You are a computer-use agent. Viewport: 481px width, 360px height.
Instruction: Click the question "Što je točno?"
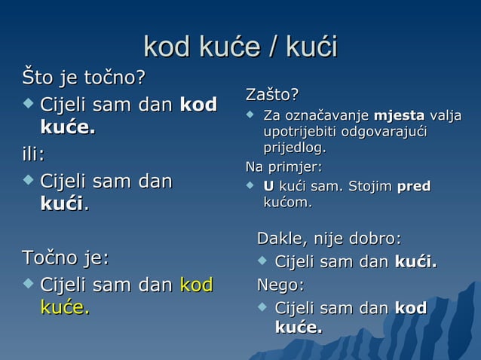click(x=83, y=78)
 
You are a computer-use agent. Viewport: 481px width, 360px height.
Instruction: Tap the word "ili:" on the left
click(x=33, y=154)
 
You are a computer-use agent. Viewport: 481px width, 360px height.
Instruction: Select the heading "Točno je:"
click(x=65, y=258)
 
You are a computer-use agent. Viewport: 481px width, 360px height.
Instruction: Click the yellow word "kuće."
click(x=65, y=307)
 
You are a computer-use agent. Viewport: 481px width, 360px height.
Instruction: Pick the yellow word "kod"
click(x=196, y=285)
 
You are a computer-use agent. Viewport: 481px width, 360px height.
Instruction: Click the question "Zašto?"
click(x=272, y=95)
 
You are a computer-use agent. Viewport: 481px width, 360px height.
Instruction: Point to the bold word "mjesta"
click(x=399, y=116)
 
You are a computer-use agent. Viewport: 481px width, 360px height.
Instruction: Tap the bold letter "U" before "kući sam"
click(x=268, y=185)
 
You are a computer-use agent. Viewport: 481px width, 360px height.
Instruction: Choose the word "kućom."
click(x=287, y=203)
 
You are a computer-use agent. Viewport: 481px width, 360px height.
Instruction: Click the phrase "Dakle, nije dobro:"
click(x=329, y=239)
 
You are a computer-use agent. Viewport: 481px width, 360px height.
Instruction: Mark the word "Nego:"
click(x=281, y=285)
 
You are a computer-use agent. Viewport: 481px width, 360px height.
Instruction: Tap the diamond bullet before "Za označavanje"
click(x=251, y=115)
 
